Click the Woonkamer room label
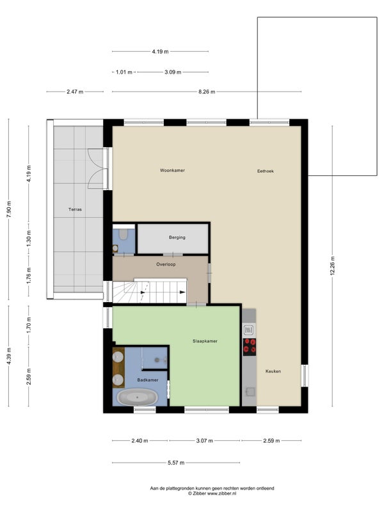point(172,170)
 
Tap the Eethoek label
point(265,171)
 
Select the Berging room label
point(177,237)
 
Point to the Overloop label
point(166,264)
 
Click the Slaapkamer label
point(205,341)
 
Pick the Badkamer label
point(148,380)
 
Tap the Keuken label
point(273,371)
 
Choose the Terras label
point(75,210)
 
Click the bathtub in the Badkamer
point(138,397)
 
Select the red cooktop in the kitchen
point(250,347)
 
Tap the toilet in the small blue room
point(123,234)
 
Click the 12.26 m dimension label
point(333,266)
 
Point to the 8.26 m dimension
point(207,92)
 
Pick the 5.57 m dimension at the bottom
point(176,463)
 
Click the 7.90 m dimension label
point(9,209)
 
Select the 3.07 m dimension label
point(204,441)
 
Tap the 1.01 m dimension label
point(124,72)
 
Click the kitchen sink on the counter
point(250,392)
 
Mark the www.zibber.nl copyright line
point(212,493)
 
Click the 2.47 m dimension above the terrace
point(75,92)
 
